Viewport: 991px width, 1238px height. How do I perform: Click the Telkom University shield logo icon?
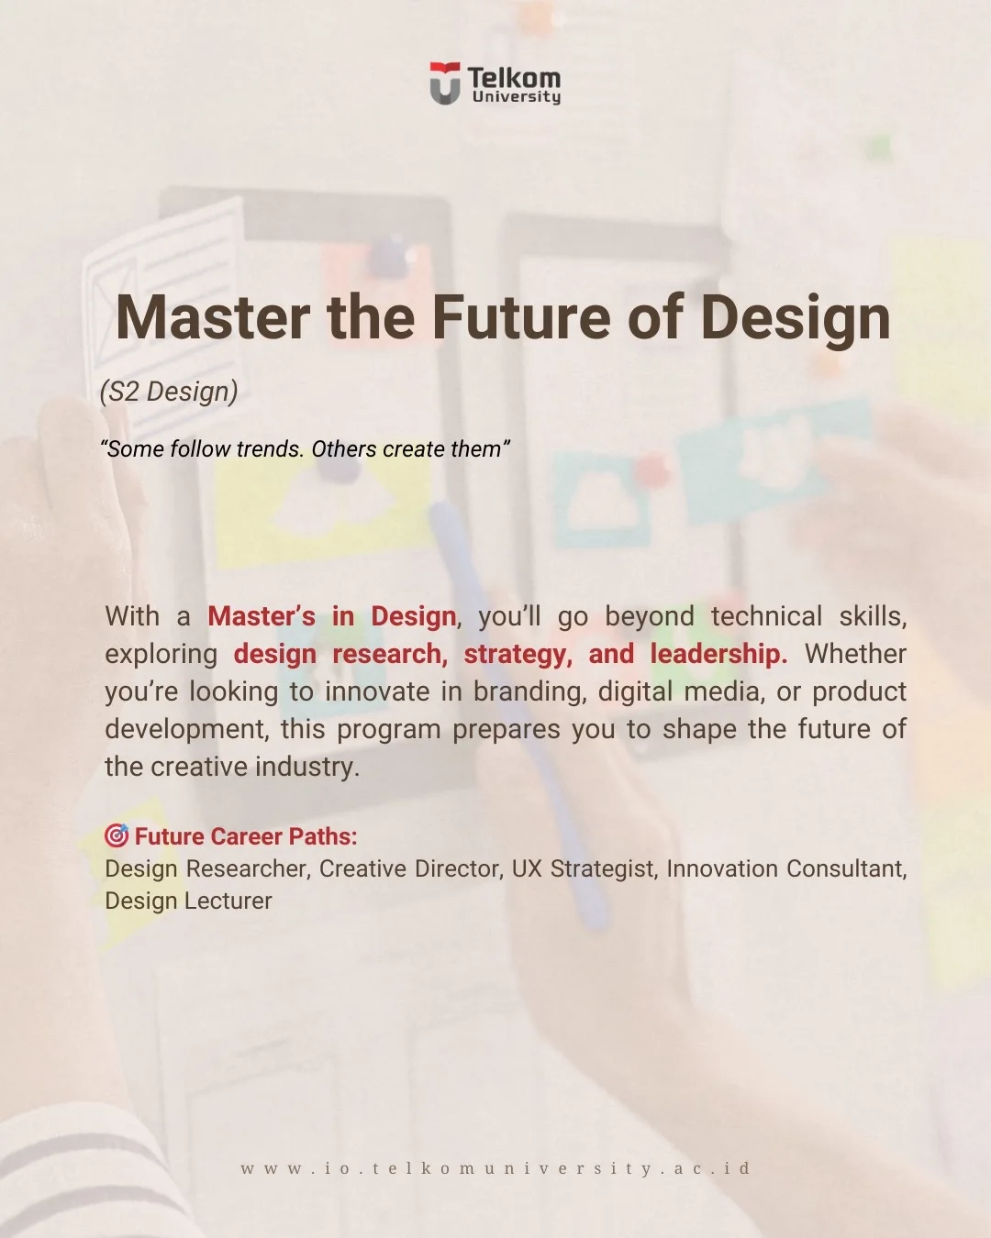(x=444, y=83)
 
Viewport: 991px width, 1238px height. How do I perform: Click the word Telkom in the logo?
(x=514, y=78)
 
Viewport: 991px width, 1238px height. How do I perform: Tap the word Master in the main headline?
(x=213, y=318)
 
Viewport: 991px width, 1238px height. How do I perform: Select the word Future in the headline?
(x=521, y=318)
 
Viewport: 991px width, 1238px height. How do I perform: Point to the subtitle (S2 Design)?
(x=169, y=392)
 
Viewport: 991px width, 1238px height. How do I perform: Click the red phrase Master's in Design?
(x=332, y=616)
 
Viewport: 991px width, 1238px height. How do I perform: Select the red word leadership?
(x=718, y=654)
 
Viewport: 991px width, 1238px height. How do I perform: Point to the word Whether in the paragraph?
(x=855, y=654)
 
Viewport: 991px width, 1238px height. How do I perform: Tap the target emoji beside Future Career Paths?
(x=117, y=835)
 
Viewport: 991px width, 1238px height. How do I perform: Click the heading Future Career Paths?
(x=246, y=836)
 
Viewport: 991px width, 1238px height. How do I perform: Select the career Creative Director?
(x=411, y=869)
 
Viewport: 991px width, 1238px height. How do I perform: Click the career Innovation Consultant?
(x=786, y=869)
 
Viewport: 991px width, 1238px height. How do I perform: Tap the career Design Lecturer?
(x=188, y=901)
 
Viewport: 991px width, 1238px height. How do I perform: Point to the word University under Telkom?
(x=517, y=96)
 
